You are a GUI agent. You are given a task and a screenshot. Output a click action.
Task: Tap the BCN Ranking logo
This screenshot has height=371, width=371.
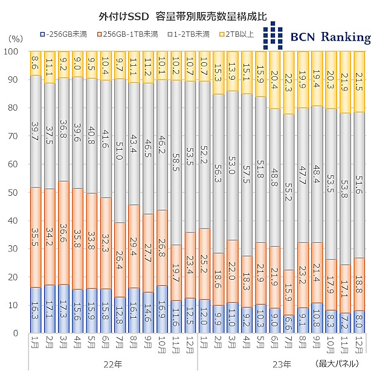317,36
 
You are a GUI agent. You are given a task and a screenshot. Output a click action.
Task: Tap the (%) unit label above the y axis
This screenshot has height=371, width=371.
15,37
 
